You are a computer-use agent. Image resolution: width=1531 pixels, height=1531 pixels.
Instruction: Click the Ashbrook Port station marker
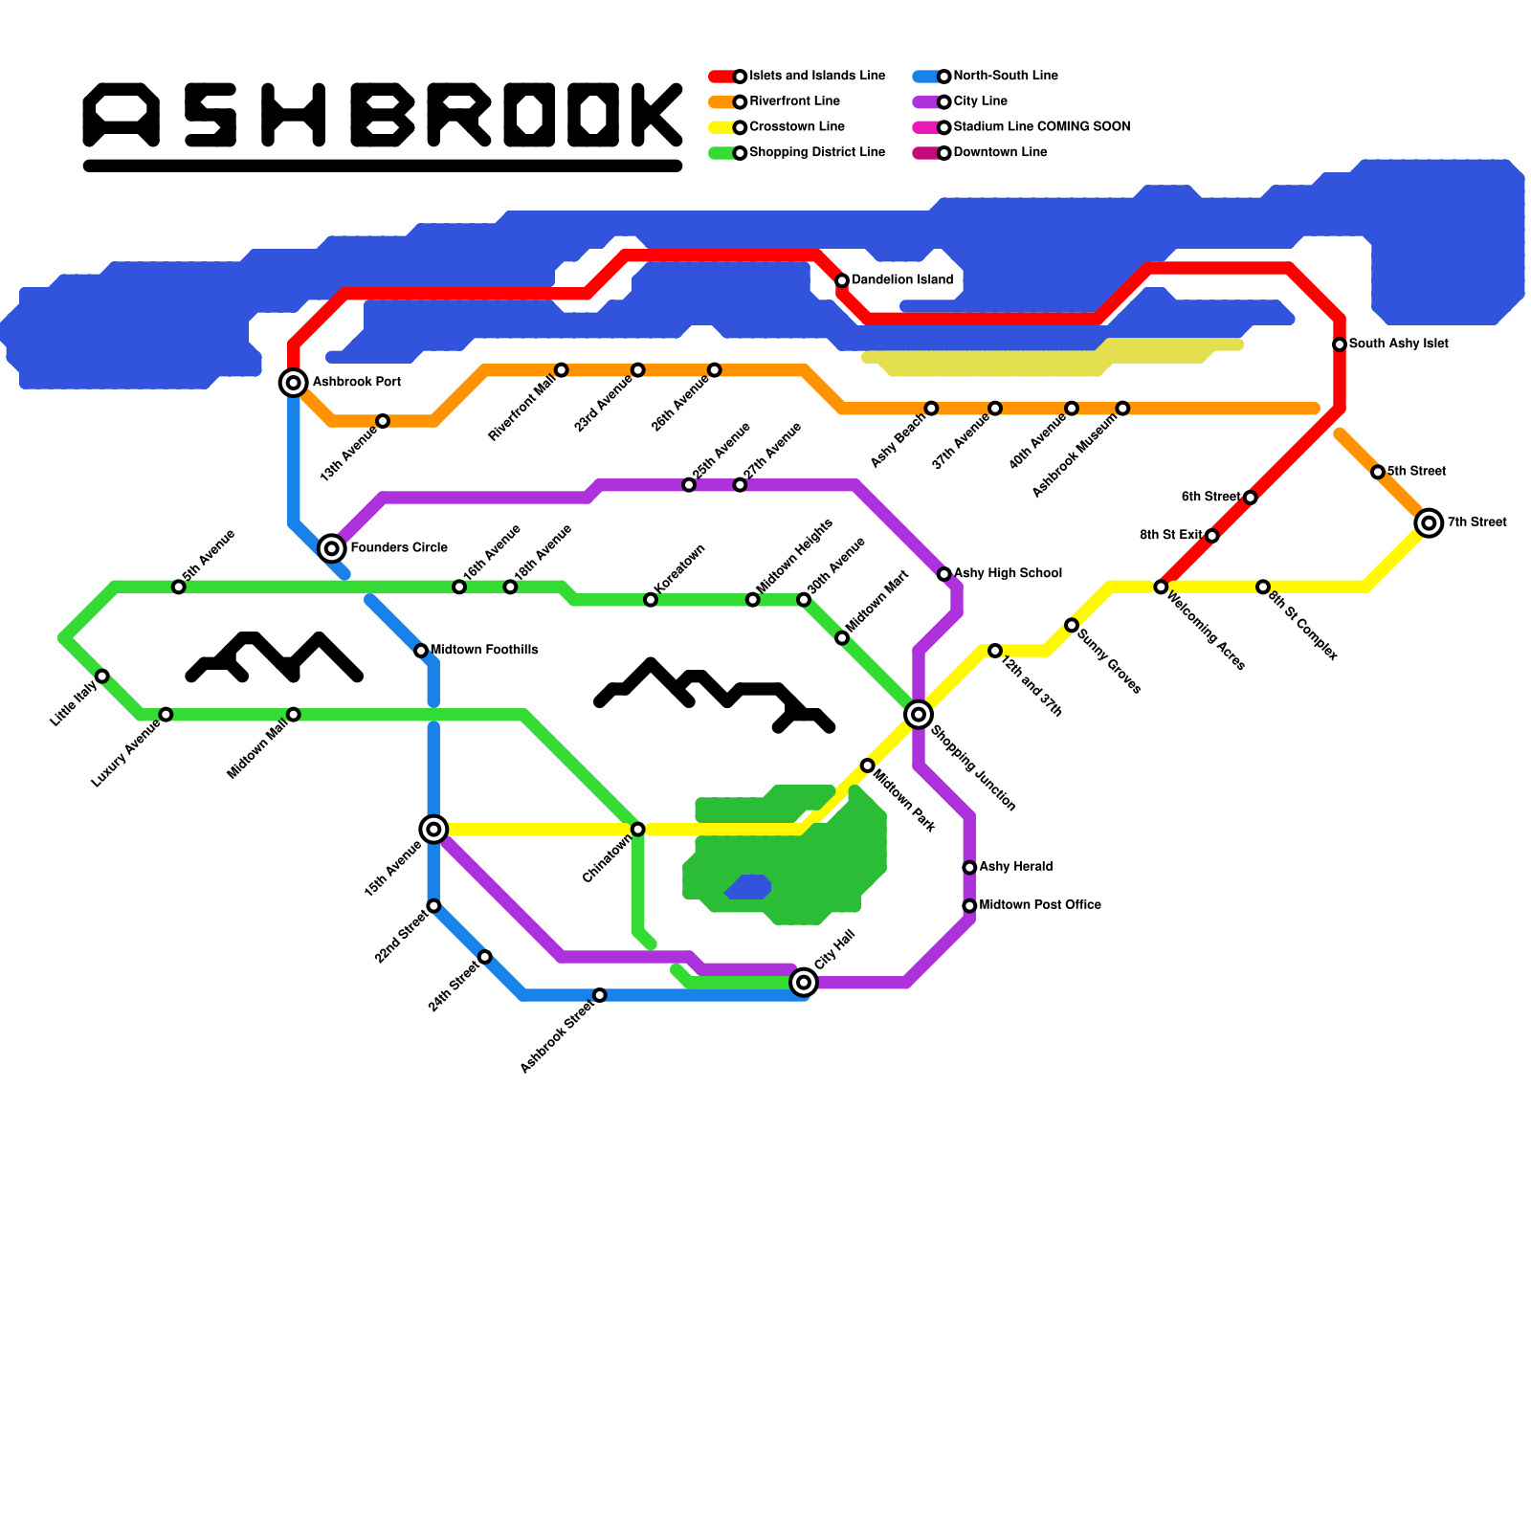coord(294,383)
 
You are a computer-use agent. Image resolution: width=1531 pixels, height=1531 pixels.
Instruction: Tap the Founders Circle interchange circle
coord(332,548)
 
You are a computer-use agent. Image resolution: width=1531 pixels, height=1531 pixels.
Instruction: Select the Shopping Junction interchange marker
coord(919,714)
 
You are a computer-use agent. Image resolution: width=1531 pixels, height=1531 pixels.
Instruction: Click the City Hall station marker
coord(804,982)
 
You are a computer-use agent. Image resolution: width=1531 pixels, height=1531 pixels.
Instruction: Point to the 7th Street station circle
coord(1429,522)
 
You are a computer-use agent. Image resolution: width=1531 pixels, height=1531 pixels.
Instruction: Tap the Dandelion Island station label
coord(901,280)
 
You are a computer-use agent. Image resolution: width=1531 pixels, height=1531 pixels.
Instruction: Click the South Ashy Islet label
coord(1398,344)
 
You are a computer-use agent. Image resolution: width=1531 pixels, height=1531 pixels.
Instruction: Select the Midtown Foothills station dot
coord(421,651)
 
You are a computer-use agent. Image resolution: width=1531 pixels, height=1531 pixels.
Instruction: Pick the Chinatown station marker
coord(638,829)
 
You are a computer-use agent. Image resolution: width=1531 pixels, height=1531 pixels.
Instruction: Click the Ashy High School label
coord(1008,573)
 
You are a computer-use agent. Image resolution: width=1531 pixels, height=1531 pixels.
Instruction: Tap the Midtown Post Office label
coord(1039,904)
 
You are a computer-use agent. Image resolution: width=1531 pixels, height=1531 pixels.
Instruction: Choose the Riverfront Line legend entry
coord(794,101)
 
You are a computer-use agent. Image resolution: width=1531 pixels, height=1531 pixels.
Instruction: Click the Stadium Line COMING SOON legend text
coord(1041,126)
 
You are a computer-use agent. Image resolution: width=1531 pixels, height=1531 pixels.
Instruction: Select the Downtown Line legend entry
coord(1000,152)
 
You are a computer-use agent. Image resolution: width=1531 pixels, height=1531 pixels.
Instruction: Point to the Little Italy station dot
coord(102,677)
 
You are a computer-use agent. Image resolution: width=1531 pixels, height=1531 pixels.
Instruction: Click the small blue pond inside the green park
coord(749,887)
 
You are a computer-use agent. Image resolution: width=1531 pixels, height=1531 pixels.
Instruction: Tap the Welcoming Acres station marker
coord(1161,587)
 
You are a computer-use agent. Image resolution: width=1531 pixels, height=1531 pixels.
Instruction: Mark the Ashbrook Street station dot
coord(600,995)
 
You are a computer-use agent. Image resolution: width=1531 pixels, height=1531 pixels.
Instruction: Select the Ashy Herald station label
coord(1015,866)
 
